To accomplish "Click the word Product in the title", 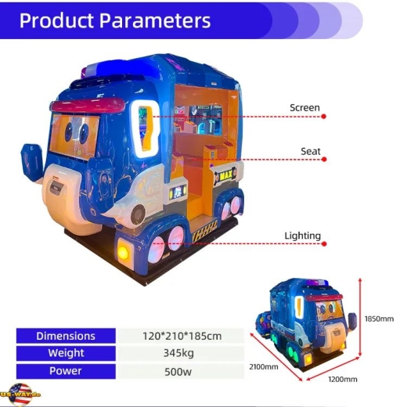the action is click(x=56, y=20).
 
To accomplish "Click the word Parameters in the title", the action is click(x=155, y=20).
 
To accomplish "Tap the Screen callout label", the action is click(x=304, y=107).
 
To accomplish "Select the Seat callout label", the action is click(x=311, y=151).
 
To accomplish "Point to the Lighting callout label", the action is click(x=302, y=236).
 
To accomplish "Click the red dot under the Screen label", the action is click(x=323, y=117).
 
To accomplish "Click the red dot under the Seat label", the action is click(x=324, y=159).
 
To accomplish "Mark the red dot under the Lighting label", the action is click(x=324, y=244).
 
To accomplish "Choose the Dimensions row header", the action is click(x=66, y=336).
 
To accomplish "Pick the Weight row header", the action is click(x=66, y=353).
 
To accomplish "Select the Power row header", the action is click(x=66, y=371).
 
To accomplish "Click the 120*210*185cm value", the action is click(x=182, y=336).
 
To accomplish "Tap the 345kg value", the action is click(x=178, y=353).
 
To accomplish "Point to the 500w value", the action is click(x=178, y=372).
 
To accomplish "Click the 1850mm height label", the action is click(x=379, y=319).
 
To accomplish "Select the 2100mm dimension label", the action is click(x=264, y=367).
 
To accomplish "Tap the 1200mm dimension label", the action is click(x=343, y=379).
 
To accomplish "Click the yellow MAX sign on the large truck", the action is click(x=225, y=176).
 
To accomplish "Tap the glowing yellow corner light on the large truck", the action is click(x=123, y=252).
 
